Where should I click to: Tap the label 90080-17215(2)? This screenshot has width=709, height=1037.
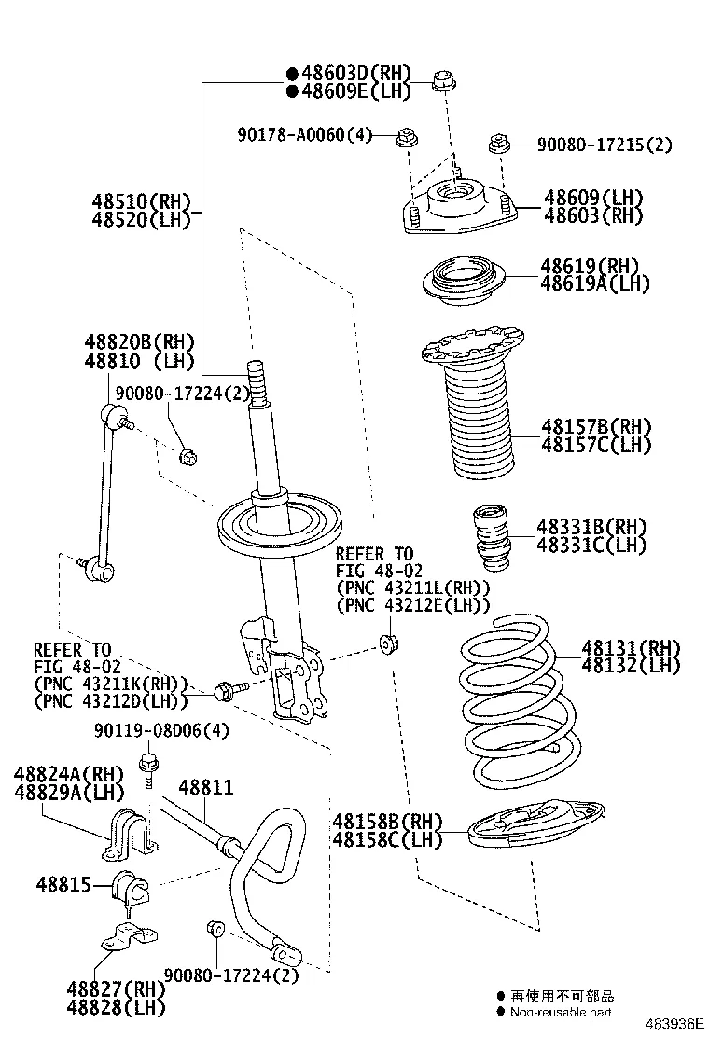604,145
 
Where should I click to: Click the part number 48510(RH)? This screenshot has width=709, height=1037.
141,201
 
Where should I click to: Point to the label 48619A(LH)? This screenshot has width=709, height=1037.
595,283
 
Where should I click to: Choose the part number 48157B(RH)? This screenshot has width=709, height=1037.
596,427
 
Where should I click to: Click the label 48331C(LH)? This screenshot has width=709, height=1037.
591,545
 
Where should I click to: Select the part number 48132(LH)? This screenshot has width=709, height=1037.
631,666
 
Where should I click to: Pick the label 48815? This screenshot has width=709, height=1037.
64,883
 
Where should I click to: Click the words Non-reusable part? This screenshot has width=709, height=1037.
561,1011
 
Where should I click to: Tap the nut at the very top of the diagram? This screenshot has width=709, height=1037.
444,81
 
